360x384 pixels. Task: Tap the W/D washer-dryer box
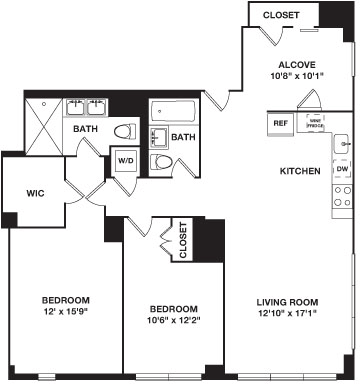pos(127,160)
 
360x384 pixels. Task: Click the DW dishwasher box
pos(342,169)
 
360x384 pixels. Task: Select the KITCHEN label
pos(300,171)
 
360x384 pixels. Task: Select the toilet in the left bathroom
pos(124,131)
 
